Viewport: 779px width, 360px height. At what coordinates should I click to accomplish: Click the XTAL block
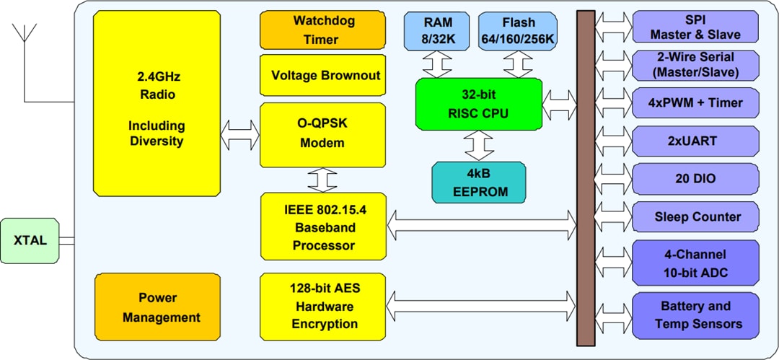pos(30,240)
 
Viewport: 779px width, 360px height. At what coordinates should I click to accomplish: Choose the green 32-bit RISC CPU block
pos(478,104)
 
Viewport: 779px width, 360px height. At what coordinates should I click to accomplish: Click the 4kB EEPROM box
pos(478,183)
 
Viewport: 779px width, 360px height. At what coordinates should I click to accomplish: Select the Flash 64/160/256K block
pos(519,30)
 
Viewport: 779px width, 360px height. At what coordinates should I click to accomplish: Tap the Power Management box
pos(157,307)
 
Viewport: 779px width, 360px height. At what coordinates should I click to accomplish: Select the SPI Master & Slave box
pos(695,27)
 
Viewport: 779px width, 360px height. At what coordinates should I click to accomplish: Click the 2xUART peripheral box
pos(695,140)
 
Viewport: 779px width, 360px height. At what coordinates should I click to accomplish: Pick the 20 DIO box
pos(695,178)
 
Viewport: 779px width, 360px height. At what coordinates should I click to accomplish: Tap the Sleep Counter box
pos(695,216)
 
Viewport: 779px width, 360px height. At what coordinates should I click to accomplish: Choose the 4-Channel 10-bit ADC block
pos(695,263)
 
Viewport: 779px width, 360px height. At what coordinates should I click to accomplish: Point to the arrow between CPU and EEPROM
pos(478,145)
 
